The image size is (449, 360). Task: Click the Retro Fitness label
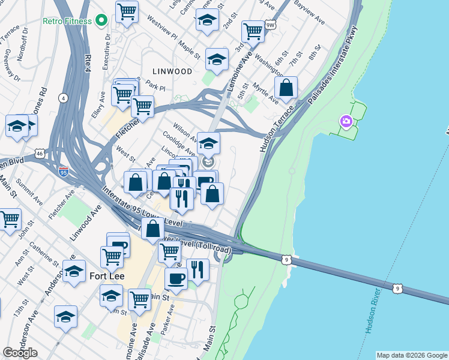[67, 21]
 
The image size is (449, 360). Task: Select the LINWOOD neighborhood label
[172, 71]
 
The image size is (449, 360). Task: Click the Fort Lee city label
[106, 277]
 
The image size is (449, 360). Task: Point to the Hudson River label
[373, 310]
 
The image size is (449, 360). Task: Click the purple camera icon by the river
[346, 121]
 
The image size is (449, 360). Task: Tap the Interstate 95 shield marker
[64, 172]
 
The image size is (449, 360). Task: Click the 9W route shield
[271, 25]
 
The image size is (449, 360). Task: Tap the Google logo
[20, 352]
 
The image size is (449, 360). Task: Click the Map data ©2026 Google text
[412, 355]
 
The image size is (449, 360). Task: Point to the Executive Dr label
[108, 43]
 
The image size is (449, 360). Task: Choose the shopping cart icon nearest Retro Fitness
[127, 11]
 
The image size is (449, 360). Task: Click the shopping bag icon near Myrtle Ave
[287, 88]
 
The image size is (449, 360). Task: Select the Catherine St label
[42, 253]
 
